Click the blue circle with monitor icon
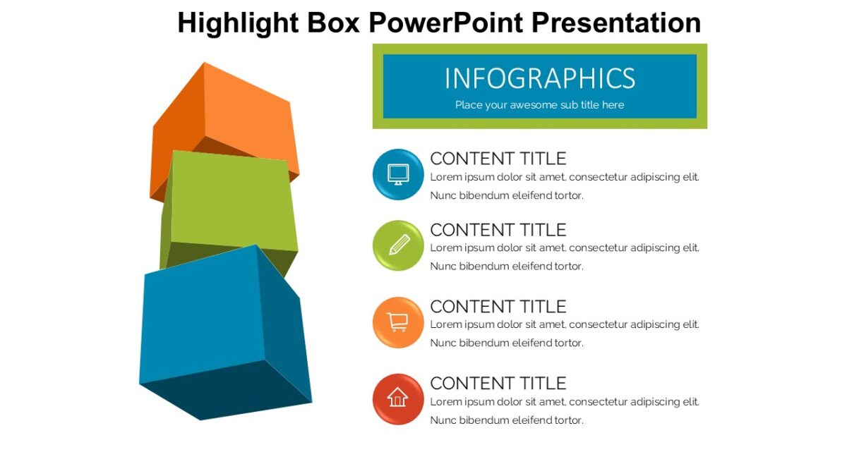398,174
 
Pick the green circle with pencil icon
398,245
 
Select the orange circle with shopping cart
398,322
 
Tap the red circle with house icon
398,399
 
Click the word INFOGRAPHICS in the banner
540,78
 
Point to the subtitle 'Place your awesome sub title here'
540,105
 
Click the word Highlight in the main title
239,23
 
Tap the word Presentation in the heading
615,23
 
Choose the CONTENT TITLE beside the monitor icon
498,159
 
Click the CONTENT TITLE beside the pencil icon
498,230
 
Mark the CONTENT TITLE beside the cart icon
498,307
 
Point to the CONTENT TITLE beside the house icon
498,384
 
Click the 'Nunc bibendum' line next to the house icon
507,420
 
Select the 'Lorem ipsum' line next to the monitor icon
565,177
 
